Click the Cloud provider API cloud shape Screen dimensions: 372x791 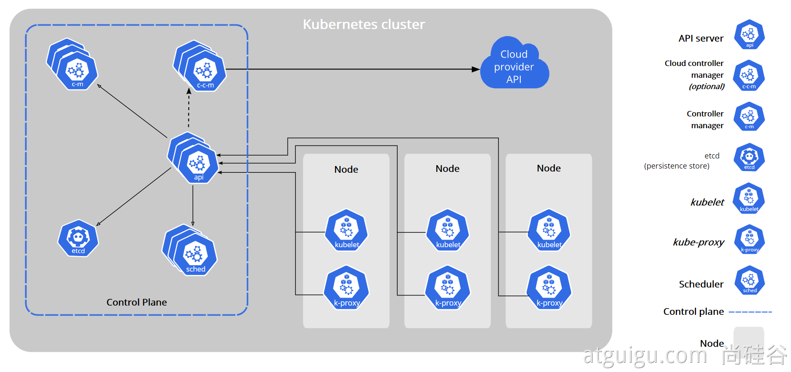[514, 66]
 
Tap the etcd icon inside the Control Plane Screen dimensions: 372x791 [78, 238]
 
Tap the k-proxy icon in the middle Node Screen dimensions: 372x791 [448, 288]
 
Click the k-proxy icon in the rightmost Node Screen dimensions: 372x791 [549, 288]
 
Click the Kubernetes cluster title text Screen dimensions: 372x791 [364, 24]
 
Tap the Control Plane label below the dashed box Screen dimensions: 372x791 [137, 302]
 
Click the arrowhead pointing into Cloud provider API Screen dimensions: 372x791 [475, 69]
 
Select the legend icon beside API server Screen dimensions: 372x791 [749, 34]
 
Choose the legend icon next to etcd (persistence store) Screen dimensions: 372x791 [749, 158]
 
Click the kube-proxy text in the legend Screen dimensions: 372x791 [699, 242]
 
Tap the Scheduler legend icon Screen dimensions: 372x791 [749, 280]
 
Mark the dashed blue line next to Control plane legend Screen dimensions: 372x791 [750, 312]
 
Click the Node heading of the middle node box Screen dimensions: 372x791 [448, 169]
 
